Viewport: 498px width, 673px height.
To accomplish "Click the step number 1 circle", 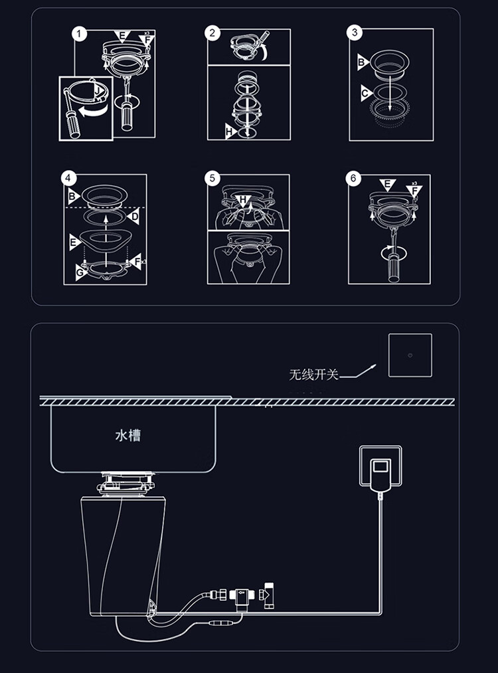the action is point(80,34).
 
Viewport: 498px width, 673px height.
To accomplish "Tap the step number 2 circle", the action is point(212,33).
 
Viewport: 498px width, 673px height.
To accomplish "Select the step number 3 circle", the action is point(355,33).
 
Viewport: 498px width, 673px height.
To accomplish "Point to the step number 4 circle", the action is point(69,178).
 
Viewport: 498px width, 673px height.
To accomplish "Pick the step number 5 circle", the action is point(212,178).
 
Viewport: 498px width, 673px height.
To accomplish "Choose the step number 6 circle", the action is point(353,178).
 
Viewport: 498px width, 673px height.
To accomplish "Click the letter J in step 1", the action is point(99,91).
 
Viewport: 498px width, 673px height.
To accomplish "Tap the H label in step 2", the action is point(230,132).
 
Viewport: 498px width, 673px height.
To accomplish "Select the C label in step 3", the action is point(365,93).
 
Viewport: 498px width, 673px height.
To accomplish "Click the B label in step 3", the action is point(362,62).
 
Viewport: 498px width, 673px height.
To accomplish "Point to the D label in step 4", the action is point(134,217).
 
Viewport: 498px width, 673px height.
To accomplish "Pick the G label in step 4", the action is point(80,272).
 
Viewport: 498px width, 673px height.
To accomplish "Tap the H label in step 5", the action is point(243,200).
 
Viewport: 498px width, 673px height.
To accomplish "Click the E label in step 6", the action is point(387,185).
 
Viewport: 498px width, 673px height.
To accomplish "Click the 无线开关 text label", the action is point(314,374).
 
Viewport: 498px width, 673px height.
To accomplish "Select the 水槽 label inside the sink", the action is point(128,435).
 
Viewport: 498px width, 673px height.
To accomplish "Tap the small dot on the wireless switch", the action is point(410,355).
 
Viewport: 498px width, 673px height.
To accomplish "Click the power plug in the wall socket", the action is point(381,475).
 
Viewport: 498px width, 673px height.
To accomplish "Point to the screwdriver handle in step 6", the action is point(394,267).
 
